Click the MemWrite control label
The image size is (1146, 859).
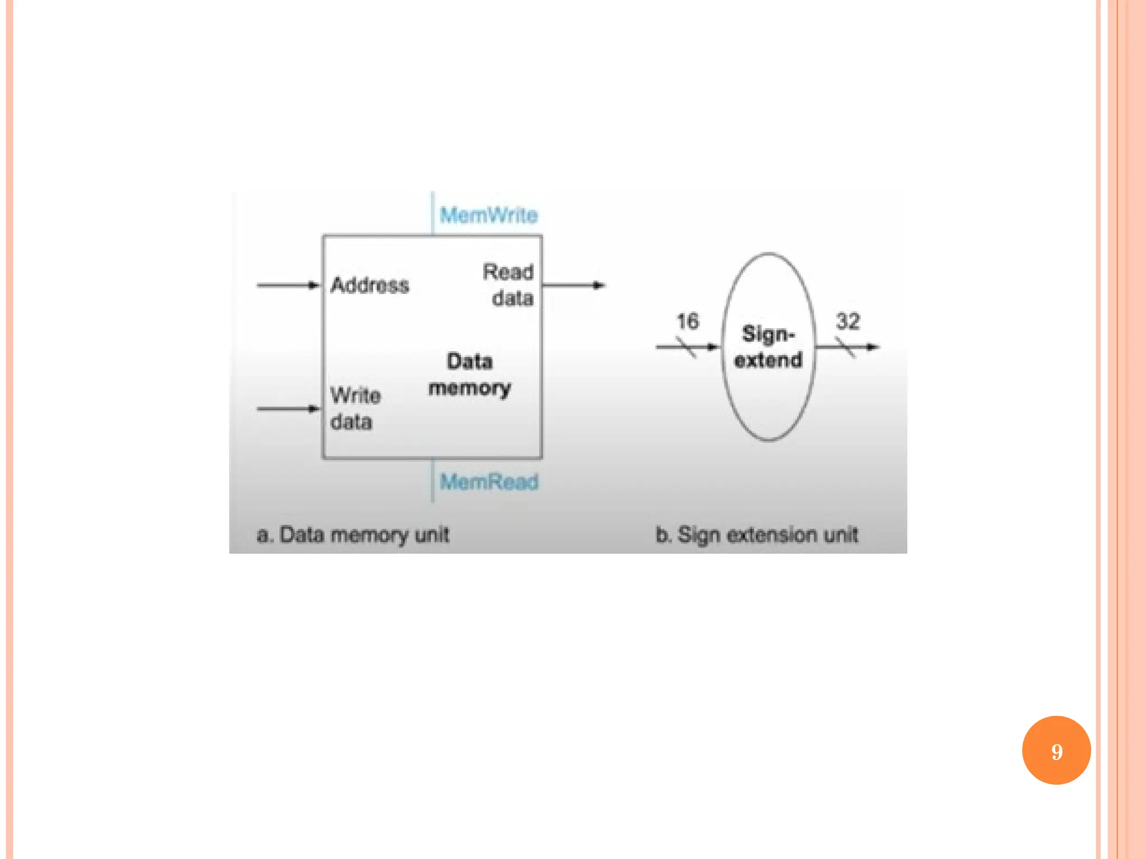coord(489,215)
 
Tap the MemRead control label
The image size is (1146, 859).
coord(489,482)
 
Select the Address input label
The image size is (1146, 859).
coord(370,285)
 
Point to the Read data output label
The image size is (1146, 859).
coord(509,285)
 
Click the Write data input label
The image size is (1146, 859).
coord(355,409)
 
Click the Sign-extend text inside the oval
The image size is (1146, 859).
coord(768,347)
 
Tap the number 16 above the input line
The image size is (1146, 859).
coord(688,322)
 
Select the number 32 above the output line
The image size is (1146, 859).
coord(848,322)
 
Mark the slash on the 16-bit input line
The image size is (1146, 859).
coord(686,347)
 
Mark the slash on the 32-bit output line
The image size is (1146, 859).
coord(845,347)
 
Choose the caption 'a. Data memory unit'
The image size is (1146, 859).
coord(353,535)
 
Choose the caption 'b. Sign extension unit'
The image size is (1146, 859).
coord(757,535)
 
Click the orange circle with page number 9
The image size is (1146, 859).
coord(1056,751)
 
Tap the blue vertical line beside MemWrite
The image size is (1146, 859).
coord(432,213)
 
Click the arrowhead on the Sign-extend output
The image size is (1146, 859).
coord(872,347)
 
